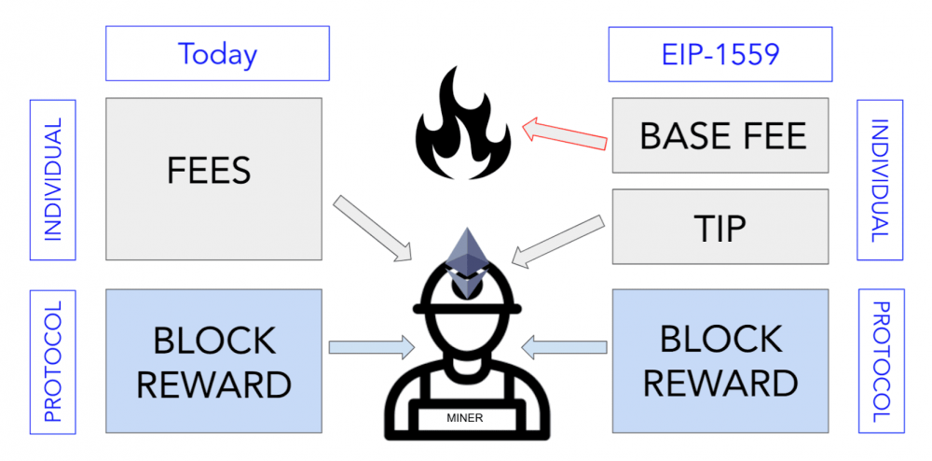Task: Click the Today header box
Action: coord(217,54)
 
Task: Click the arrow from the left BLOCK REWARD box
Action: coord(371,348)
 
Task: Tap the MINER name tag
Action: coord(465,417)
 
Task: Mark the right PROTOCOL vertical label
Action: coord(879,360)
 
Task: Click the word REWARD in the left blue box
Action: coord(215,383)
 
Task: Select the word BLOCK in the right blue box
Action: coord(720,340)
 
